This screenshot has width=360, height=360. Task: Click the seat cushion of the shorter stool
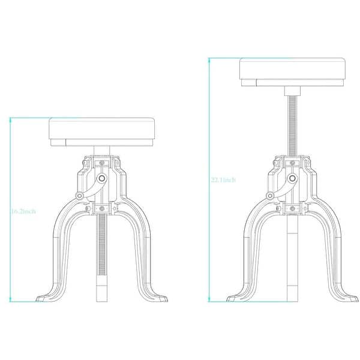(102, 128)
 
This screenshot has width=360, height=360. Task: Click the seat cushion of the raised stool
(292, 68)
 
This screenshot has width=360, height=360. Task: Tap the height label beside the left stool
(23, 211)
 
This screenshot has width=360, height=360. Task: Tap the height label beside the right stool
(223, 180)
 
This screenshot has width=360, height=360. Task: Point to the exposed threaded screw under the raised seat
(292, 125)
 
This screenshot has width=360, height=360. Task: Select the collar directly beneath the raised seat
(292, 91)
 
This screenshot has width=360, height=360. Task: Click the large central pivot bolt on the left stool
(102, 178)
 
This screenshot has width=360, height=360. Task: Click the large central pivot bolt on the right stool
(292, 178)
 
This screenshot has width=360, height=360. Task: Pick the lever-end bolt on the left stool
(80, 196)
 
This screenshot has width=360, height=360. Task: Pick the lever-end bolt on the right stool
(270, 196)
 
